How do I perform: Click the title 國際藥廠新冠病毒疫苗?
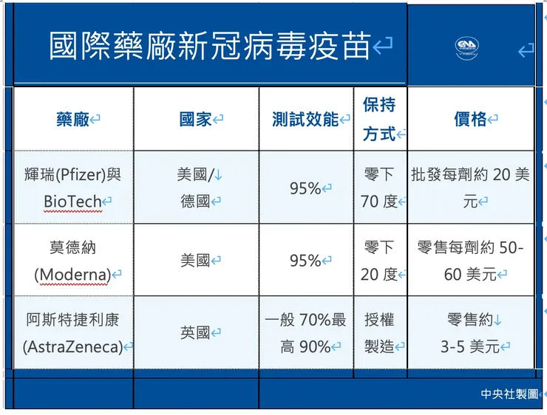coord(209,46)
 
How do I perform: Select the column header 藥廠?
coord(73,120)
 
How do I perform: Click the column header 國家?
coord(196,120)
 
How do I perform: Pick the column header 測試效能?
coord(305,120)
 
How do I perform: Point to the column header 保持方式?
coord(380,120)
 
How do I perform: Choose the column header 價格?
coord(470,120)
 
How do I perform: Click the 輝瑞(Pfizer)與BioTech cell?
coord(72,188)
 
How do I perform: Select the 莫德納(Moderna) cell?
coord(72,260)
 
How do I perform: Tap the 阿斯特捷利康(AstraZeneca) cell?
coord(72,332)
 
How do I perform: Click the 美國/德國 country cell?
coord(196,188)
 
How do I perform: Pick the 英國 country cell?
coord(196,333)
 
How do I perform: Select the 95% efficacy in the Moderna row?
coord(305,261)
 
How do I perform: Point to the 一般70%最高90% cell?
coord(305,332)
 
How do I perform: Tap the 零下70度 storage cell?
coord(380,188)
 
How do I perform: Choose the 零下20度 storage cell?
coord(380,260)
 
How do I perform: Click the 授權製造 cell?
coord(380,332)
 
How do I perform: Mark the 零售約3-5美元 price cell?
coord(470,332)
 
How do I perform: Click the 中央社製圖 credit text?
coord(509,394)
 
